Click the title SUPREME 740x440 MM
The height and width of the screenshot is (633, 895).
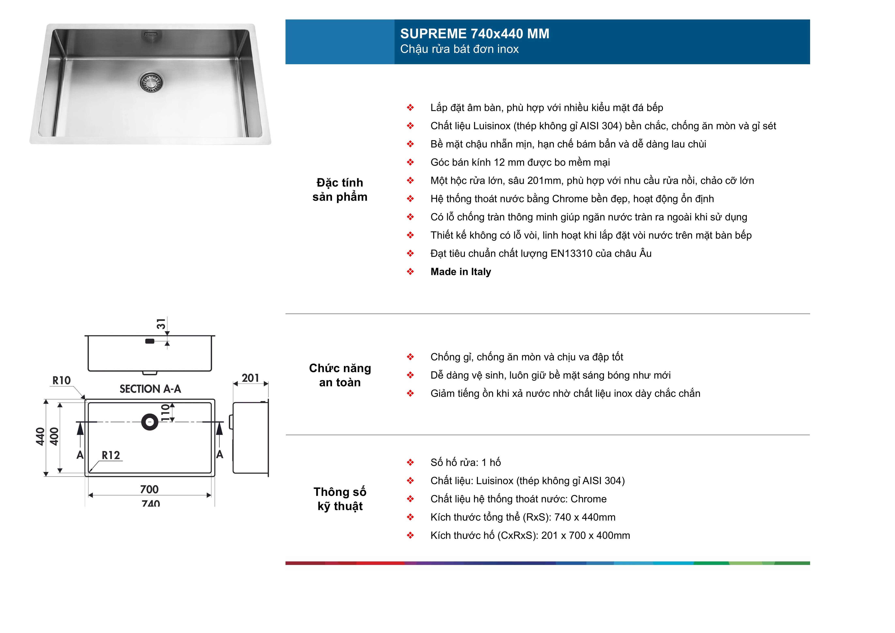tap(474, 34)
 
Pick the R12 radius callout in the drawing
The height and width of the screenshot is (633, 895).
tap(111, 455)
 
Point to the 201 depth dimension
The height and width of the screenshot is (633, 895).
tap(250, 378)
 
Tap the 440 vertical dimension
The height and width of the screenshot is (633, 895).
tap(40, 437)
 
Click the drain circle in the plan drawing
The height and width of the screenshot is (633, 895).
tap(150, 422)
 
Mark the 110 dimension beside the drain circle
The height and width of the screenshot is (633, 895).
tap(165, 412)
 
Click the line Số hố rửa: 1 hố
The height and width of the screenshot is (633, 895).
tap(465, 463)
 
